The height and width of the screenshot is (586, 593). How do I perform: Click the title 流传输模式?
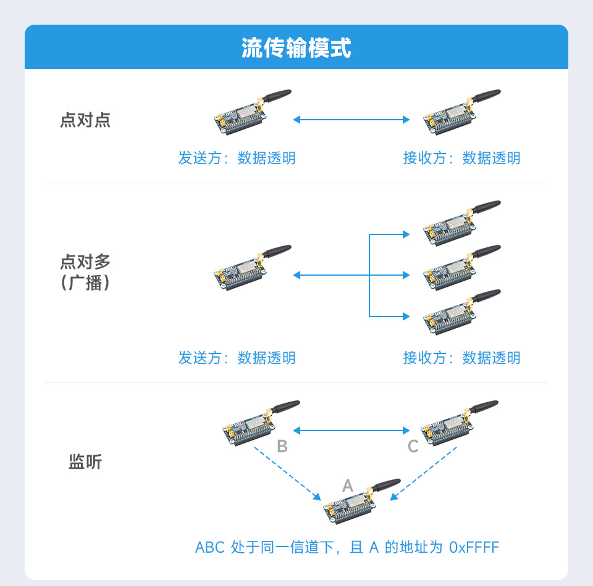pos(296,48)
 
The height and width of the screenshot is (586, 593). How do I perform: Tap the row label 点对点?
pos(85,120)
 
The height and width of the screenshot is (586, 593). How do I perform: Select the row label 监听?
pos(85,461)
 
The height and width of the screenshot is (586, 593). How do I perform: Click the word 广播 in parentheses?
pos(85,284)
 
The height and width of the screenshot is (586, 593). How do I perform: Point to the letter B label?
pos(282,447)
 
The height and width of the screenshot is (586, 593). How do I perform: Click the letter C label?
pos(413,447)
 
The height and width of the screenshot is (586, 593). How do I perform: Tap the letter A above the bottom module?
pos(347,486)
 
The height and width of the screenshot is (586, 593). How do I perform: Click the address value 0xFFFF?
pos(474,547)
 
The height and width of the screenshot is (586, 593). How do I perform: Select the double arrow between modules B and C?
pos(351,430)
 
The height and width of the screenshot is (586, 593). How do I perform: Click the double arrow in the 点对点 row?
pos(351,120)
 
